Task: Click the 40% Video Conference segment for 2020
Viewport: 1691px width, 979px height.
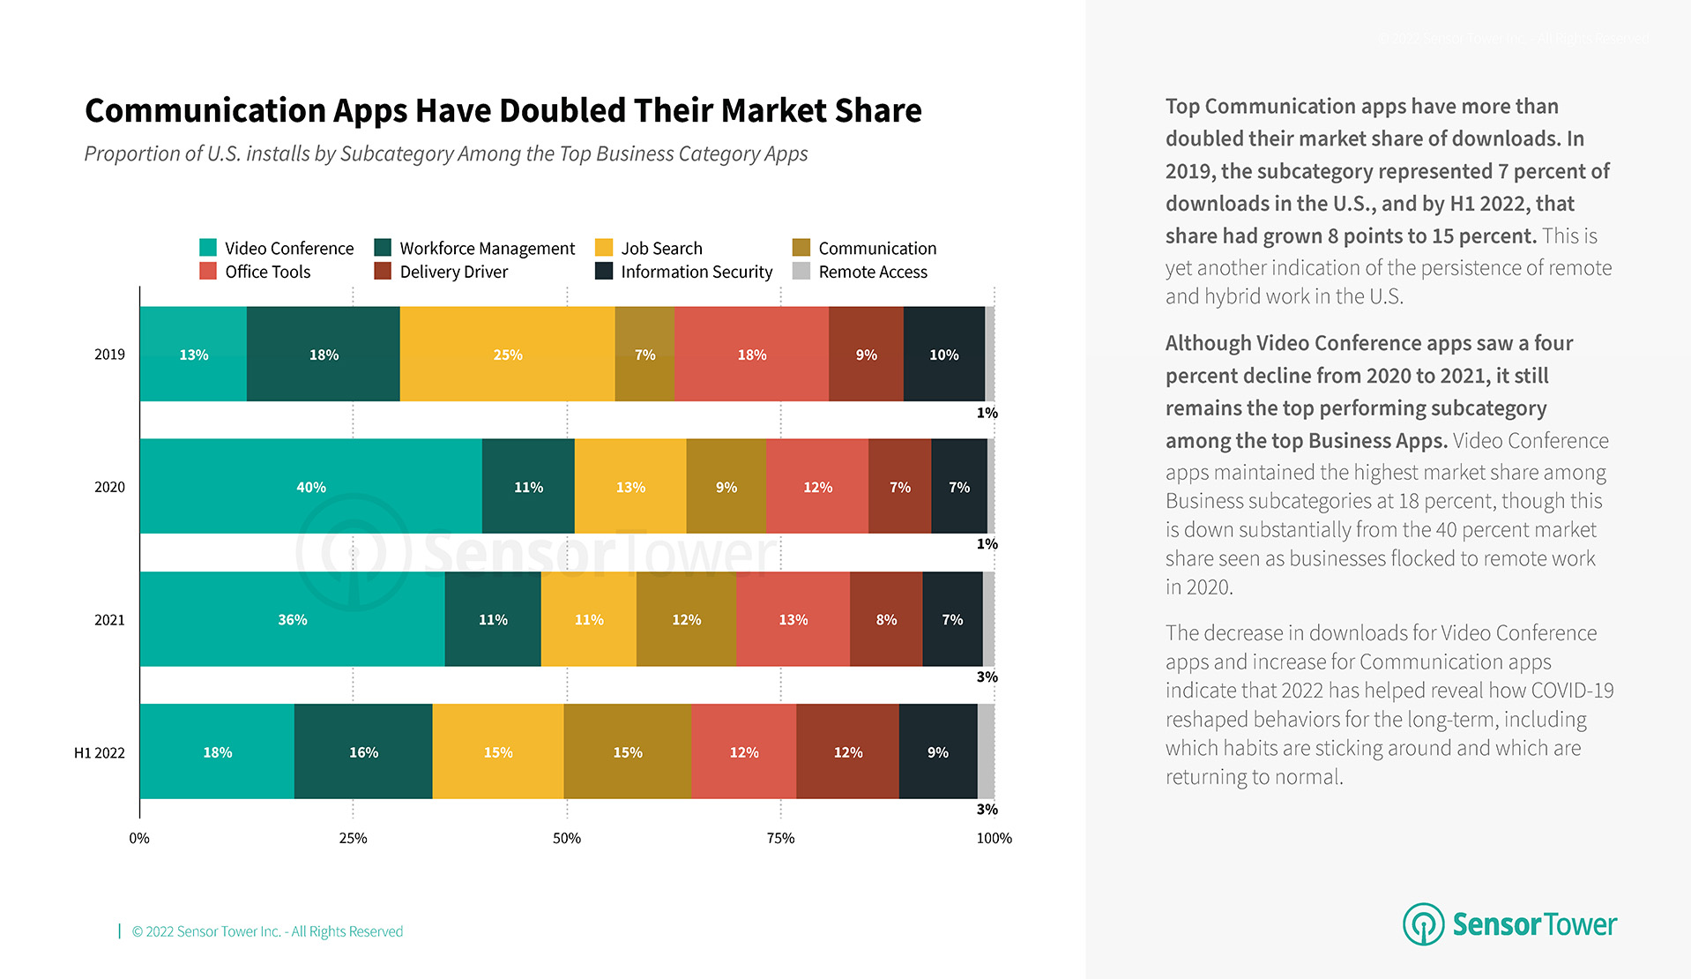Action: tap(310, 486)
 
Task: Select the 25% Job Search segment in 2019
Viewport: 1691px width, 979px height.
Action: tap(507, 354)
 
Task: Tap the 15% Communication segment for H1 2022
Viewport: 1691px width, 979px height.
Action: tap(627, 751)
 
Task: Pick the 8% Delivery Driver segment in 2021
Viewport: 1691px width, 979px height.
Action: tap(886, 619)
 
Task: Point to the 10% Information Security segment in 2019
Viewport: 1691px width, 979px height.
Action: tap(943, 354)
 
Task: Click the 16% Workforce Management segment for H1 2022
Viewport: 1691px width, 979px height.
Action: tap(363, 751)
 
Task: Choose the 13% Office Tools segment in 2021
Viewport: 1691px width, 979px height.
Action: tap(793, 619)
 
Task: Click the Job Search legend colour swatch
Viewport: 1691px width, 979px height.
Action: tap(604, 247)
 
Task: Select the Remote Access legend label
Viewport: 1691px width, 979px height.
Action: tap(873, 272)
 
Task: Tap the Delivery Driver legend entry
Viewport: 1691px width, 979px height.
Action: tap(453, 272)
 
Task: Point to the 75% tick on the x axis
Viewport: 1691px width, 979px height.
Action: tap(780, 838)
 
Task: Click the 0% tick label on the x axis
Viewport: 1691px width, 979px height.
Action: tap(139, 838)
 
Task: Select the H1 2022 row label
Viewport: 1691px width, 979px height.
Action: tap(99, 752)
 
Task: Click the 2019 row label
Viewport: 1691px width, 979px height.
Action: tap(109, 355)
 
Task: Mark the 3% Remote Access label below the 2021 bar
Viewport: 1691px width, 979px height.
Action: tap(987, 676)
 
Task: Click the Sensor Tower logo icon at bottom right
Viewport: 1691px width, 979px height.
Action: tap(1423, 923)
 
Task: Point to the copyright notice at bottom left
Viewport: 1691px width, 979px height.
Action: tap(267, 931)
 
